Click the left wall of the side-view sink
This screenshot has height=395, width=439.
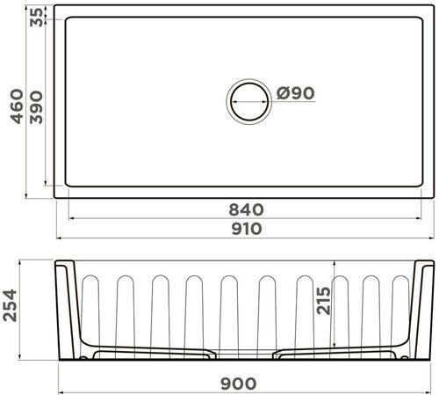(67, 308)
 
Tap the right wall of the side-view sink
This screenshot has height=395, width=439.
(424, 308)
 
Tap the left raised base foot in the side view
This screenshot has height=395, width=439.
(154, 352)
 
